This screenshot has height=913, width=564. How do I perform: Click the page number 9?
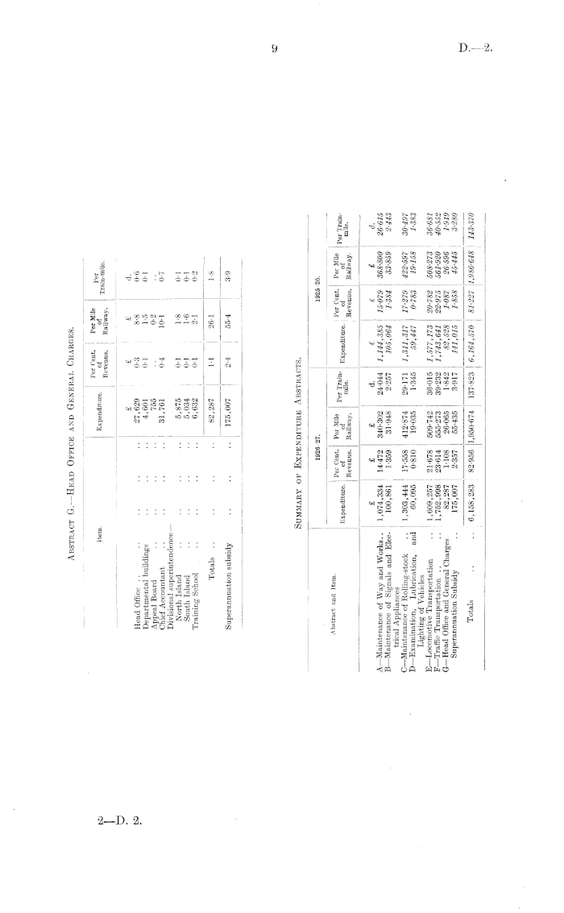tap(275, 50)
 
